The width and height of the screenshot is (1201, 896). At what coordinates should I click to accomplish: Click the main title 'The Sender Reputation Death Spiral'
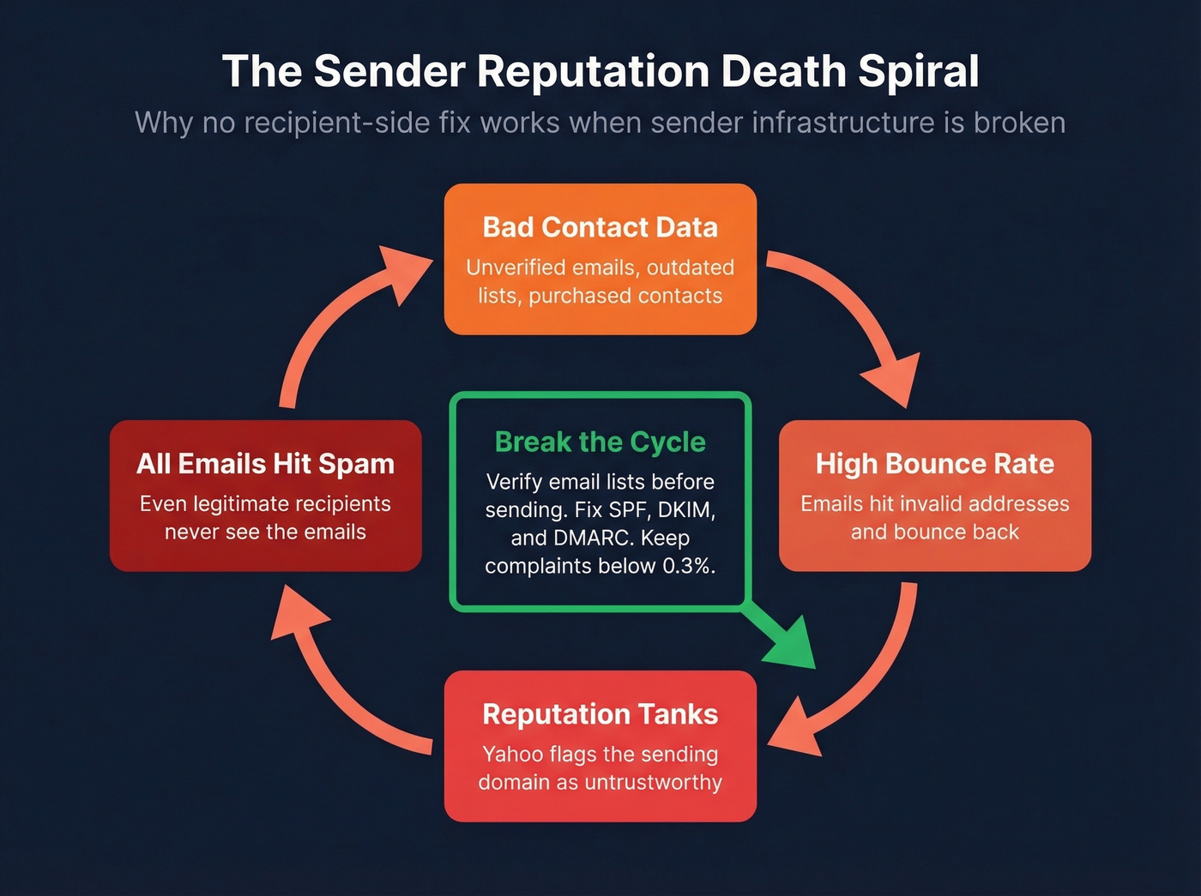[x=600, y=70]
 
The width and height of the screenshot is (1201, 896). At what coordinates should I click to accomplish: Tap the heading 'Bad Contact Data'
[x=600, y=227]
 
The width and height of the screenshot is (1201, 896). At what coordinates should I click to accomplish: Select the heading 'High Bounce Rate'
[x=934, y=464]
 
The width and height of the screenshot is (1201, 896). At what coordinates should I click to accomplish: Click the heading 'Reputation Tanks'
[x=600, y=714]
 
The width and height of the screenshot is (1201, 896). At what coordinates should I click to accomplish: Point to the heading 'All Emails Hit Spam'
[x=265, y=464]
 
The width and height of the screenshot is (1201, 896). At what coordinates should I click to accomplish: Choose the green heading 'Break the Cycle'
[x=600, y=442]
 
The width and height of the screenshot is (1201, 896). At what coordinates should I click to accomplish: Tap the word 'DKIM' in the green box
[x=686, y=509]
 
